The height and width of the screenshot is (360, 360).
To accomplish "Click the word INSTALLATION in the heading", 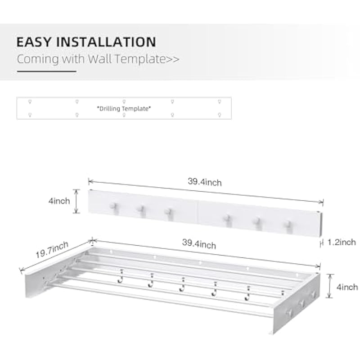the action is click(106, 42).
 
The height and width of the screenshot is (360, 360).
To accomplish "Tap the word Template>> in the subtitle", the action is click(147, 59).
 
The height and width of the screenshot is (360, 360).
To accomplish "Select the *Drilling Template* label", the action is click(124, 108).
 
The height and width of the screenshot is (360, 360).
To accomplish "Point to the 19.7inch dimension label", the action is click(52, 250).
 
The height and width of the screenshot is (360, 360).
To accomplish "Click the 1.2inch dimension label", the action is click(342, 242).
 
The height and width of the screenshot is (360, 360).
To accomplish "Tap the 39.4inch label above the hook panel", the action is click(205, 182).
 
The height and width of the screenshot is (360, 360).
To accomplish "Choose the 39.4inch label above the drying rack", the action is click(199, 244).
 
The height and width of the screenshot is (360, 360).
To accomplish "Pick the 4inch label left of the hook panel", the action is click(59, 201).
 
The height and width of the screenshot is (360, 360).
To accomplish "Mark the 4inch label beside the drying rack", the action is click(347, 287).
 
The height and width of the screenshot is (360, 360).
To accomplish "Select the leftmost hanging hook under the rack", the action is click(120, 277).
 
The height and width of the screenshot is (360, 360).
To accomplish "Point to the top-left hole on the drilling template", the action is click(30, 102).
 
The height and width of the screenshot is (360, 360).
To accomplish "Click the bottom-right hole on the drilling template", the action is click(220, 115).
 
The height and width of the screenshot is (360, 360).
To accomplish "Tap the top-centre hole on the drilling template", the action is click(124, 102).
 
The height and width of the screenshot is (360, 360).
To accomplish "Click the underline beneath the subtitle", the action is click(47, 72).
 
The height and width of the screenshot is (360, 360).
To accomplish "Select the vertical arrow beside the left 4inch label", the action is click(76, 201).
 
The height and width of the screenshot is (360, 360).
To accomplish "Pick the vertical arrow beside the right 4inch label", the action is click(330, 286).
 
